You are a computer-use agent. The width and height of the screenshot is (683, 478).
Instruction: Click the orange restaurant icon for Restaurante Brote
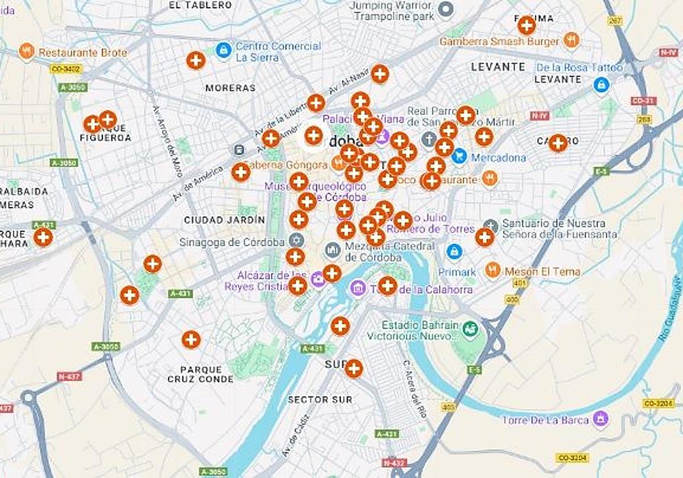[x=26, y=52]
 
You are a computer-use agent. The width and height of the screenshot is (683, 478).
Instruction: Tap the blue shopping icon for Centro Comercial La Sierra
[x=224, y=50]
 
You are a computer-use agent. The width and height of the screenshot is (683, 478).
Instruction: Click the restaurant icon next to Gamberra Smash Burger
[x=571, y=40]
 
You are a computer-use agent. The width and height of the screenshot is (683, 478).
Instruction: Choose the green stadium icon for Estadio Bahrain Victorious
[x=470, y=329]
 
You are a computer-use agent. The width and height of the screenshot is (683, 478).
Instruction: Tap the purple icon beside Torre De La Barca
[x=600, y=419]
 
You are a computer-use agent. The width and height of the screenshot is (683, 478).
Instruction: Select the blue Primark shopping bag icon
[x=454, y=251]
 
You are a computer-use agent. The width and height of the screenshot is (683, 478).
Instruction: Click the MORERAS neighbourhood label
[x=231, y=88]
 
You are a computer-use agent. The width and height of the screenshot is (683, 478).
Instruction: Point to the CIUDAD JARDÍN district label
[x=224, y=220]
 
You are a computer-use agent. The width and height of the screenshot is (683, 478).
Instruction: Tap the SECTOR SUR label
[x=320, y=399]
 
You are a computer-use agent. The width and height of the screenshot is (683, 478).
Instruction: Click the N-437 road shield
[x=69, y=377]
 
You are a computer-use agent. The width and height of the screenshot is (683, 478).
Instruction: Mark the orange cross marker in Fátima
[x=526, y=25]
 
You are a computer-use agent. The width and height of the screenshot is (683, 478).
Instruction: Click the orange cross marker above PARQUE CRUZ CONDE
[x=191, y=340]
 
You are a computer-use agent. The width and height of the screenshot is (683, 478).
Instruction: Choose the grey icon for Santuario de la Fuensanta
[x=491, y=226]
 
